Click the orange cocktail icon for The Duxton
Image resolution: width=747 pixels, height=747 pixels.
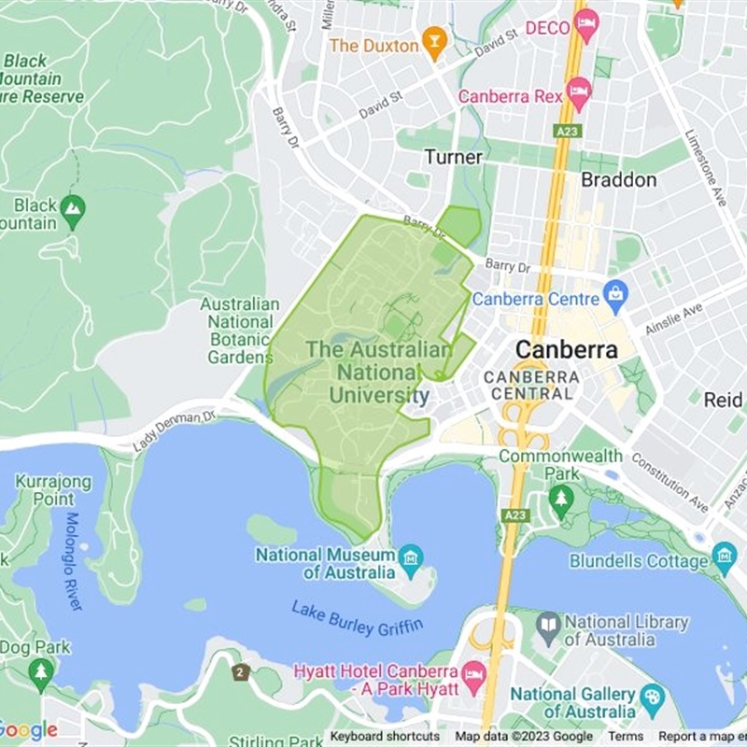pyautogui.click(x=432, y=42)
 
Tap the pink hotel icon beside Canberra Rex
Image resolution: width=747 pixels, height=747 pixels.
pyautogui.click(x=579, y=92)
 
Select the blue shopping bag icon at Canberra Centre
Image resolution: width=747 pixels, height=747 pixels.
pyautogui.click(x=615, y=298)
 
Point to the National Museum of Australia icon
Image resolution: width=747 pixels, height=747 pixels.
pyautogui.click(x=409, y=559)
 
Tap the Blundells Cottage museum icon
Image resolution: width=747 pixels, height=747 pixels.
pyautogui.click(x=725, y=558)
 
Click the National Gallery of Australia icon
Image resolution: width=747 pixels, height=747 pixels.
pyautogui.click(x=651, y=695)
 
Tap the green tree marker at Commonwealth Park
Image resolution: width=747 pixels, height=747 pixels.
pyautogui.click(x=560, y=500)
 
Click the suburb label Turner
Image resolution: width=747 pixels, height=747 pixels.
pyautogui.click(x=454, y=157)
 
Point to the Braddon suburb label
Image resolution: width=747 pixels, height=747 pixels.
pyautogui.click(x=618, y=179)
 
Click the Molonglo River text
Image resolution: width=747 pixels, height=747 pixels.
pyautogui.click(x=74, y=561)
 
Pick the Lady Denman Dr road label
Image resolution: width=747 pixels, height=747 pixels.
pyautogui.click(x=174, y=429)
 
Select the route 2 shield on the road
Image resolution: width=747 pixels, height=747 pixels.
pyautogui.click(x=241, y=671)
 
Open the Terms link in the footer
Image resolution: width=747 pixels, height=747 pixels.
pyautogui.click(x=626, y=737)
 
